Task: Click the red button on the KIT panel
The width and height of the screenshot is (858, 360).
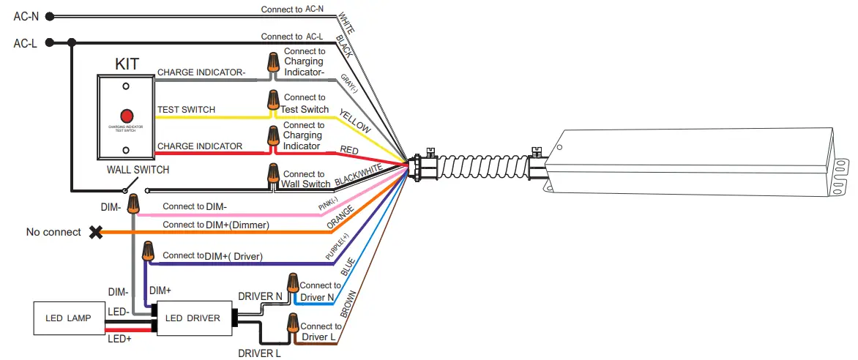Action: [126, 116]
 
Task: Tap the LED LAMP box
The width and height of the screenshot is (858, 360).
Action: [67, 318]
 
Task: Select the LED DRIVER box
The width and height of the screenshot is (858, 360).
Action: [193, 318]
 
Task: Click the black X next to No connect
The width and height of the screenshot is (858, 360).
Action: [95, 232]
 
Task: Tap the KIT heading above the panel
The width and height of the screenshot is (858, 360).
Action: [127, 63]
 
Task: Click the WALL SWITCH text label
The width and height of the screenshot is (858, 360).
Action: [137, 170]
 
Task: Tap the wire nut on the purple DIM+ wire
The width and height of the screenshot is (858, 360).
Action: [148, 252]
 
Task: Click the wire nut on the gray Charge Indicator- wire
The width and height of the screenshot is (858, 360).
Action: [273, 64]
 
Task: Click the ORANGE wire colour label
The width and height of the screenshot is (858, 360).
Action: [340, 217]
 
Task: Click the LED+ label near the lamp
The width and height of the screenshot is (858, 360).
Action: [119, 339]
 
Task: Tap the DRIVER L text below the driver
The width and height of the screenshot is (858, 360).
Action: [259, 353]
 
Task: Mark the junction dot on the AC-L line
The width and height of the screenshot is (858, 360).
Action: [71, 43]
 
